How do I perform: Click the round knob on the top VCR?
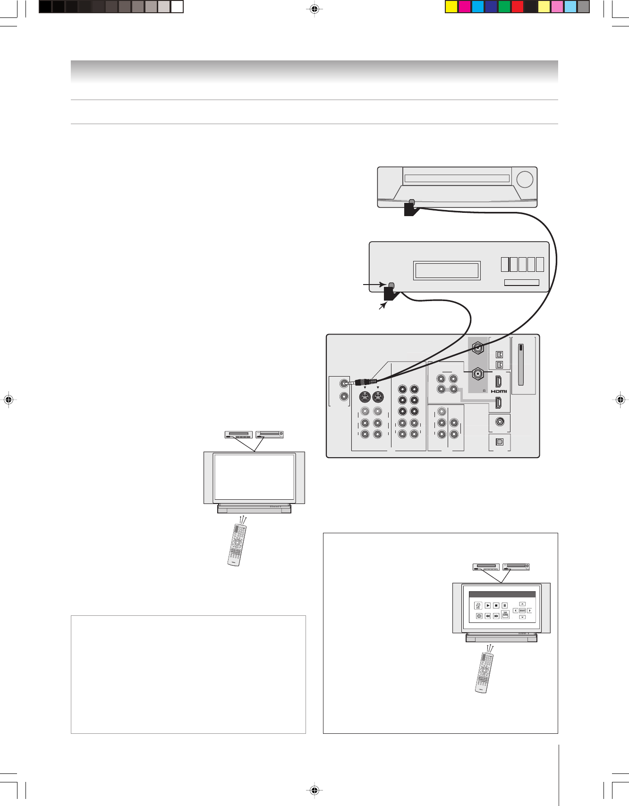coord(525,179)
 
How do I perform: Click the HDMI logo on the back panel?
coord(499,391)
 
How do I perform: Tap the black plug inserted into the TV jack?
coord(363,382)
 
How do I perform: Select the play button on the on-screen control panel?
coord(488,605)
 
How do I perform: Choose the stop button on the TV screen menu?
coord(496,605)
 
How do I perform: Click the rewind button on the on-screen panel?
coord(488,616)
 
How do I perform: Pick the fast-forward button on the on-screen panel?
coord(496,616)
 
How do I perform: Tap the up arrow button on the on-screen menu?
coord(522,604)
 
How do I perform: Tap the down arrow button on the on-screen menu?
coord(522,617)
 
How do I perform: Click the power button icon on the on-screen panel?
coord(479,616)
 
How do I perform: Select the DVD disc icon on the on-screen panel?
coord(478,605)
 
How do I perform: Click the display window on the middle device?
coord(447,270)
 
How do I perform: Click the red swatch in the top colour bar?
coord(518,7)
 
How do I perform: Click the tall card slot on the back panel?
coord(521,364)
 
